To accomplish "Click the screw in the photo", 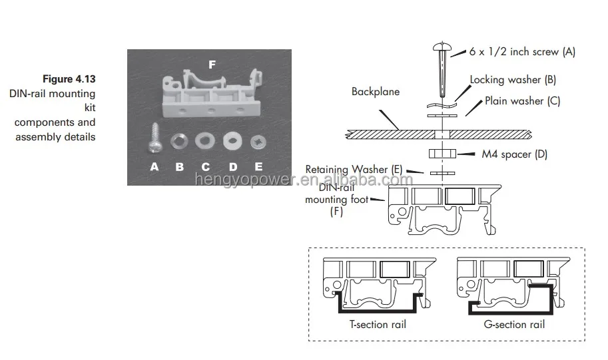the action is coord(154,138).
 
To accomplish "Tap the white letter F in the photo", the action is coord(212,65).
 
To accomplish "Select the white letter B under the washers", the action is coord(180,166).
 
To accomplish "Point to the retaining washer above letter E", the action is coord(258,143).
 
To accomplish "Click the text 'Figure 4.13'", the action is coord(69,79).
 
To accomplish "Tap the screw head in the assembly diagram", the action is coord(442,48).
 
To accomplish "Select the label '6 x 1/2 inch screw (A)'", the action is coord(522,51).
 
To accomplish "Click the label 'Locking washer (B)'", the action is coord(513,80).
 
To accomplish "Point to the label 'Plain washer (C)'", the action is coord(523,101).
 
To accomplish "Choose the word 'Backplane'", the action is coord(376,92).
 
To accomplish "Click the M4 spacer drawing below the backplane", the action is coord(442,154).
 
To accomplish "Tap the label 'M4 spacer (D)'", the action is coord(515,154).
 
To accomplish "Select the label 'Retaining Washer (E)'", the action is coord(354,169).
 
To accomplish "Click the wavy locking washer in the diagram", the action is coord(442,104).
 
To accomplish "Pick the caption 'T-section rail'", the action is coord(378,324).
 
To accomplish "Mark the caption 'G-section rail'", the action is coord(514,324).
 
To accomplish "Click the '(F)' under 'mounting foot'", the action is coord(336,212).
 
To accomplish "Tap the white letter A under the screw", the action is coord(154,166).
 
